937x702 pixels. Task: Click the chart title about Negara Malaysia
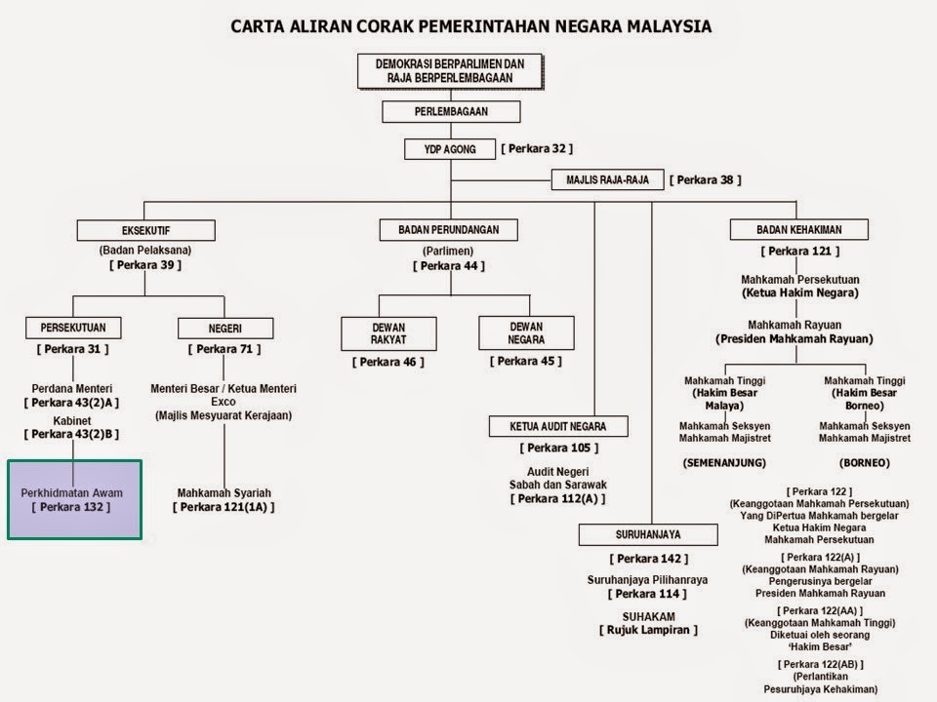(x=470, y=25)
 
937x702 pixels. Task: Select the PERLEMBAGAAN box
(x=450, y=112)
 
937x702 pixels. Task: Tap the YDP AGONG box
(x=450, y=149)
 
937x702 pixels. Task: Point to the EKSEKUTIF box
(x=145, y=230)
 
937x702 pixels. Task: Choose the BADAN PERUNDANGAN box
(x=449, y=230)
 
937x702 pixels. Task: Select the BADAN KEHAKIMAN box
(x=798, y=230)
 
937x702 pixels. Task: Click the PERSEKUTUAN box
(x=73, y=328)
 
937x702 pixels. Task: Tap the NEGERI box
(x=224, y=328)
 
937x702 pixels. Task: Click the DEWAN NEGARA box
(x=526, y=333)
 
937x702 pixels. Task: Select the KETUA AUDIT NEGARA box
(x=558, y=426)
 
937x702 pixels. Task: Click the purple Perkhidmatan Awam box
(x=74, y=499)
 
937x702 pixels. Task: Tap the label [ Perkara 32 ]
(x=537, y=149)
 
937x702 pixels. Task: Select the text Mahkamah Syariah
(x=224, y=492)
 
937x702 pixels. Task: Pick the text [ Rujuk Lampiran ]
(x=648, y=630)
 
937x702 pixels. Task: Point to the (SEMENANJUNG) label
(x=724, y=462)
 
